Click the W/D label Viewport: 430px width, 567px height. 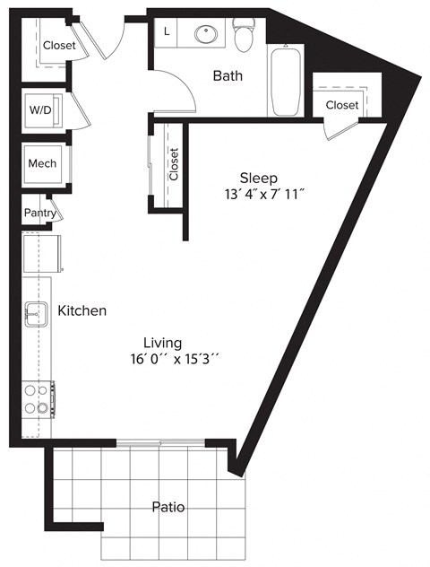(41, 111)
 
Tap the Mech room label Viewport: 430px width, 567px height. (42, 163)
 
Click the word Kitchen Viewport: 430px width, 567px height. (82, 310)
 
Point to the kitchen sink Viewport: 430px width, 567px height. (37, 314)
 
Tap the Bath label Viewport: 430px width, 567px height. (228, 76)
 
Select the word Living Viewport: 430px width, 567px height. (163, 343)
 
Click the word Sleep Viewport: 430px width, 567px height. (258, 177)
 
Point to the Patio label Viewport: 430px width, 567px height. (168, 507)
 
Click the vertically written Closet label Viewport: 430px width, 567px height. (174, 163)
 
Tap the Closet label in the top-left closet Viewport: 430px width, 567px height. (58, 46)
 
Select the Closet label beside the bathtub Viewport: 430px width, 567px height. (342, 105)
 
